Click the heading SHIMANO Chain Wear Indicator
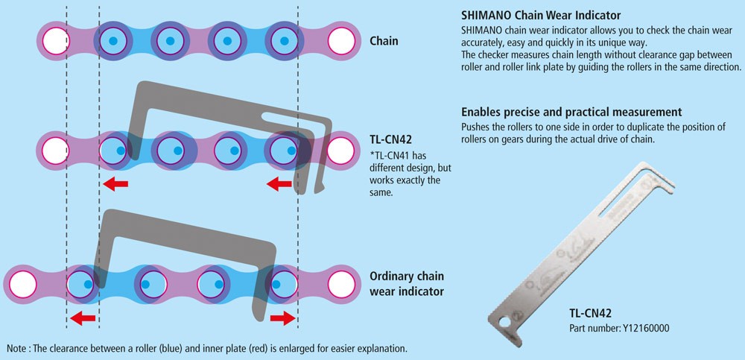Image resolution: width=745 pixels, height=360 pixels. [x=541, y=15]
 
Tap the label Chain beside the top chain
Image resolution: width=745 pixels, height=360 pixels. [x=384, y=40]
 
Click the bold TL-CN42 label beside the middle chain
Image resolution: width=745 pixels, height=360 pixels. [x=391, y=139]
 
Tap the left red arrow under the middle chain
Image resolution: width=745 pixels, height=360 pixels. [x=115, y=183]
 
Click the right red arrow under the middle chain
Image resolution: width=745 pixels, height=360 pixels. [x=280, y=183]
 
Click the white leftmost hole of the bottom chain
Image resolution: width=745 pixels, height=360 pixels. [x=22, y=283]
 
